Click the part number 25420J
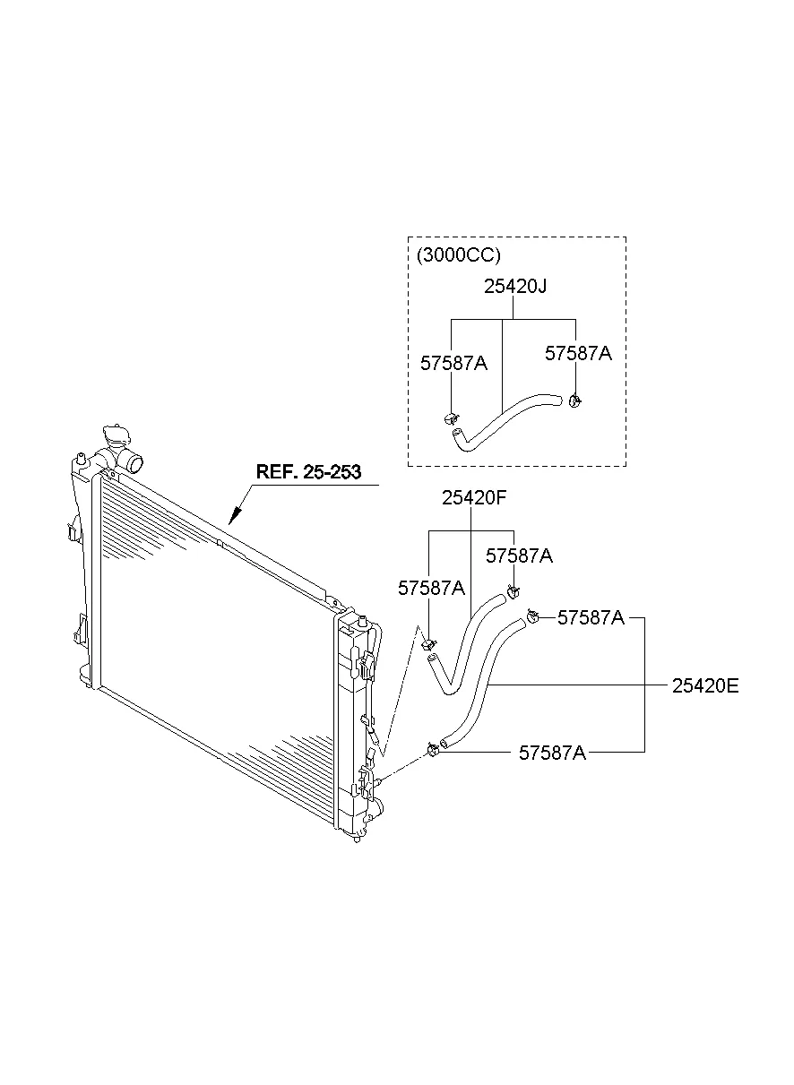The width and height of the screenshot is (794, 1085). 515,287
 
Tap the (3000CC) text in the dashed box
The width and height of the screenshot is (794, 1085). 458,254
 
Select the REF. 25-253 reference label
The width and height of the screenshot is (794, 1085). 308,472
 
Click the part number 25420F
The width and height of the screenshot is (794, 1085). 474,497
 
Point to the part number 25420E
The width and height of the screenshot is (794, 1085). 705,686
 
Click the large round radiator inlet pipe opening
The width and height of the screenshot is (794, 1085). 134,463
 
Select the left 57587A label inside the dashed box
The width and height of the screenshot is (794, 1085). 453,363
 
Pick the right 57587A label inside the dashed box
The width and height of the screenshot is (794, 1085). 578,353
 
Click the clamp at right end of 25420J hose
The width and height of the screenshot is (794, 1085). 574,400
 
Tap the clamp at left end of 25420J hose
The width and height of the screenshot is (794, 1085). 451,418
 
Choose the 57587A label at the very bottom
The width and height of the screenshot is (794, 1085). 552,753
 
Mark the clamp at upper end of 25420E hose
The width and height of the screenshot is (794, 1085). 532,616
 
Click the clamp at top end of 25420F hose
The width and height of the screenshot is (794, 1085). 513,591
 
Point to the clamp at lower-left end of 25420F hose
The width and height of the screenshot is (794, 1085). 428,645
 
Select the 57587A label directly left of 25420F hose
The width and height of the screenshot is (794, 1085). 431,588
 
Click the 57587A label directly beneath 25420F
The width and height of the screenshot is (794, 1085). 519,555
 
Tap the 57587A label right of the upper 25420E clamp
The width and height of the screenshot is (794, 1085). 591,617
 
